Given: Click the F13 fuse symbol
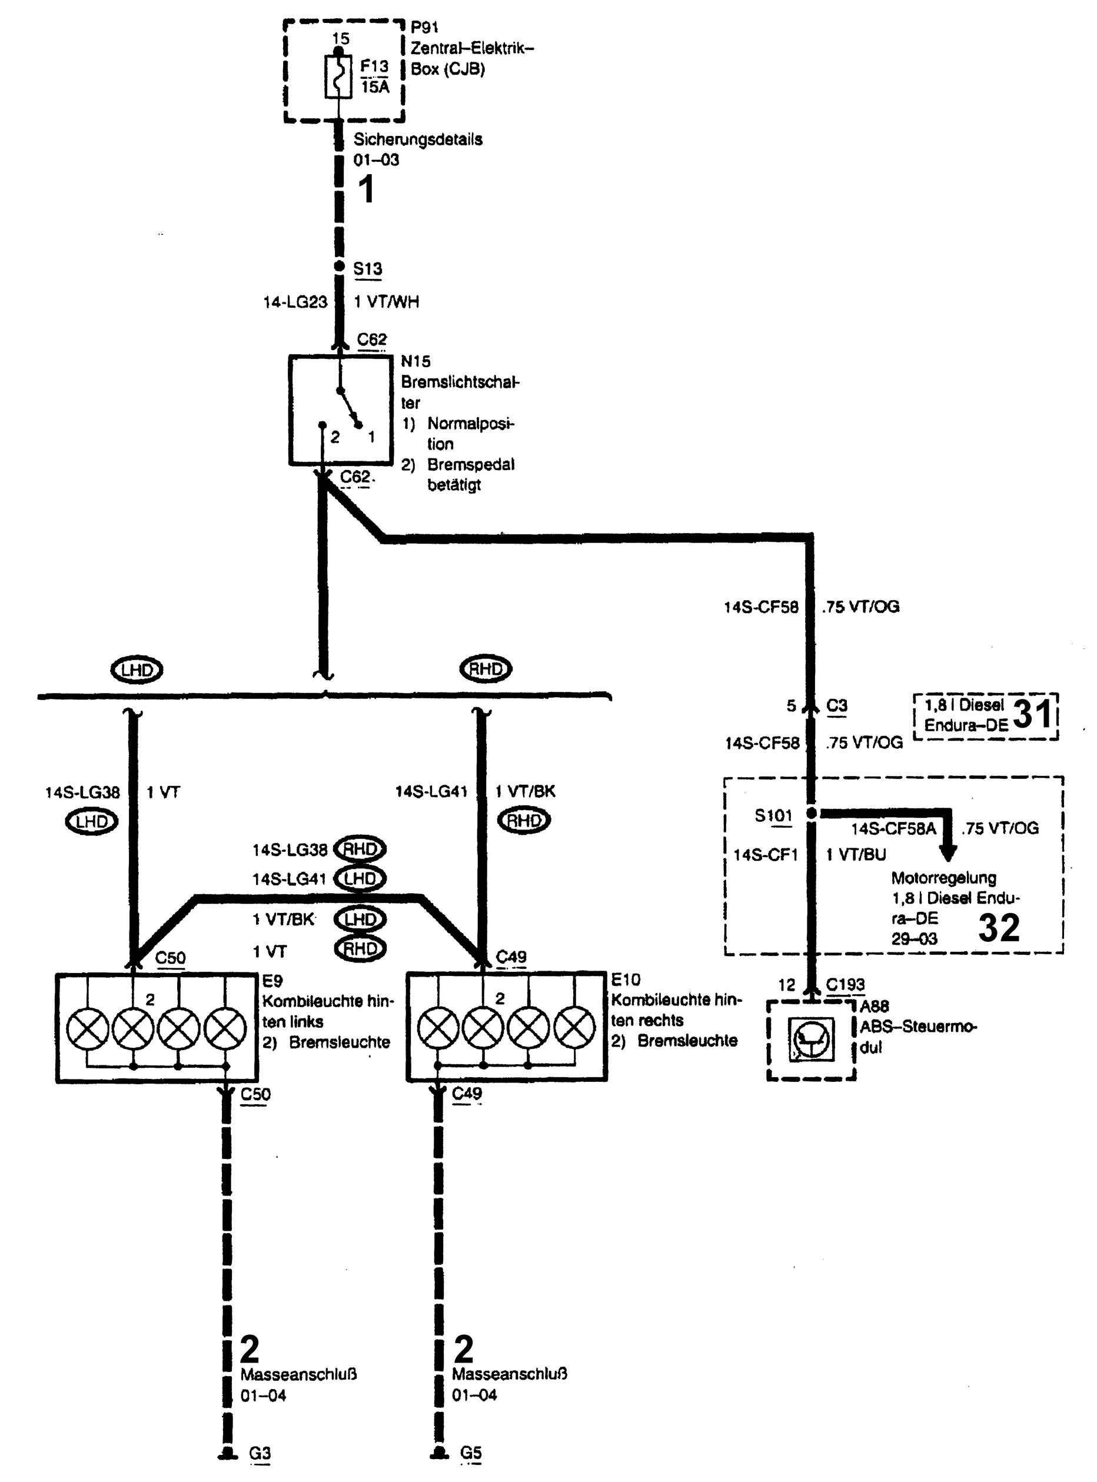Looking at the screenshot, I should tap(338, 77).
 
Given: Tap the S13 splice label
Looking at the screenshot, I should tap(367, 269).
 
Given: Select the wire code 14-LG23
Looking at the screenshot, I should tap(295, 302).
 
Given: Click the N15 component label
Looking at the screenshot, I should tap(415, 362).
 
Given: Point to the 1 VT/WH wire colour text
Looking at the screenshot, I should tap(387, 302).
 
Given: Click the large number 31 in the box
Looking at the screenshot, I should tap(1033, 714).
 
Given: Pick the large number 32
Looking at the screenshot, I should tap(999, 928).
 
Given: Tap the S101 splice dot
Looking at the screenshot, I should tap(811, 814).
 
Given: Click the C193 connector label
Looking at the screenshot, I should tap(845, 985).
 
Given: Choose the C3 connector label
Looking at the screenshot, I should tap(837, 705).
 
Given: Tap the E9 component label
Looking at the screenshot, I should tap(272, 981).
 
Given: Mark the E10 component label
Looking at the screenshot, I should tap(626, 980).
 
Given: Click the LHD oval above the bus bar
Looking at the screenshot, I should tap(136, 670).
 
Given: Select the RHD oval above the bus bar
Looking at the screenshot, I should tap(486, 669).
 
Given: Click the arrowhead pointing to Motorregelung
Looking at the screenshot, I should tap(949, 854).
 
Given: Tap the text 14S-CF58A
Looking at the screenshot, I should tap(894, 828).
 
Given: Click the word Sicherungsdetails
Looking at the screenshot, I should tap(418, 140).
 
